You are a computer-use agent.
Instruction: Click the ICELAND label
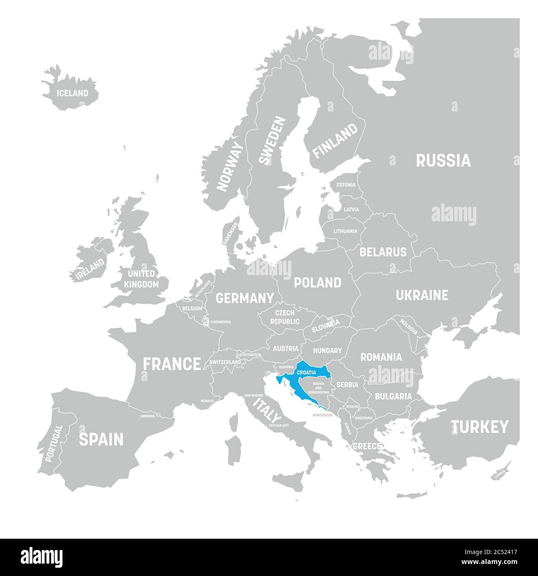pos(72,93)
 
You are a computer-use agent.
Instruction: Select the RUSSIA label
pos(443,160)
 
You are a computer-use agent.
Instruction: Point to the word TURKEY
pos(480,426)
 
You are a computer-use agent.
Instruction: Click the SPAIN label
pos(101,439)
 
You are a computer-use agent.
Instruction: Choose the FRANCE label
pos(172,364)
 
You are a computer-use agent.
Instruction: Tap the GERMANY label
pos(245,298)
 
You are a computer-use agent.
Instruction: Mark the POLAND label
pos(317,283)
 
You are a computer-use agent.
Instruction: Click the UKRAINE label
pos(422,295)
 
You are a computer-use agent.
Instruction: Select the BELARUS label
pos(383,252)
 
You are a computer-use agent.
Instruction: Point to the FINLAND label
pos(335,141)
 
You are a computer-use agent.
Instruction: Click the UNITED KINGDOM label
pos(141,279)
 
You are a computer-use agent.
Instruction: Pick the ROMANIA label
pos(381,357)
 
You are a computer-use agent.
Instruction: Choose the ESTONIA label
pos(346,185)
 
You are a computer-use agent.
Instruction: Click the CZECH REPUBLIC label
pos(285,317)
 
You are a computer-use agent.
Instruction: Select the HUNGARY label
pos(327,351)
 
